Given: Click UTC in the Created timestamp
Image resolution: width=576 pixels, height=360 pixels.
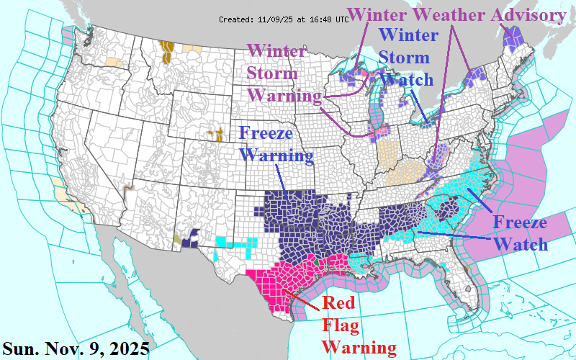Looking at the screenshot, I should pyautogui.click(x=341, y=19).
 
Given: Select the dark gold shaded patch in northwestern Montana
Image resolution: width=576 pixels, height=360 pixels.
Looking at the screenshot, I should pyautogui.click(x=168, y=50).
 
